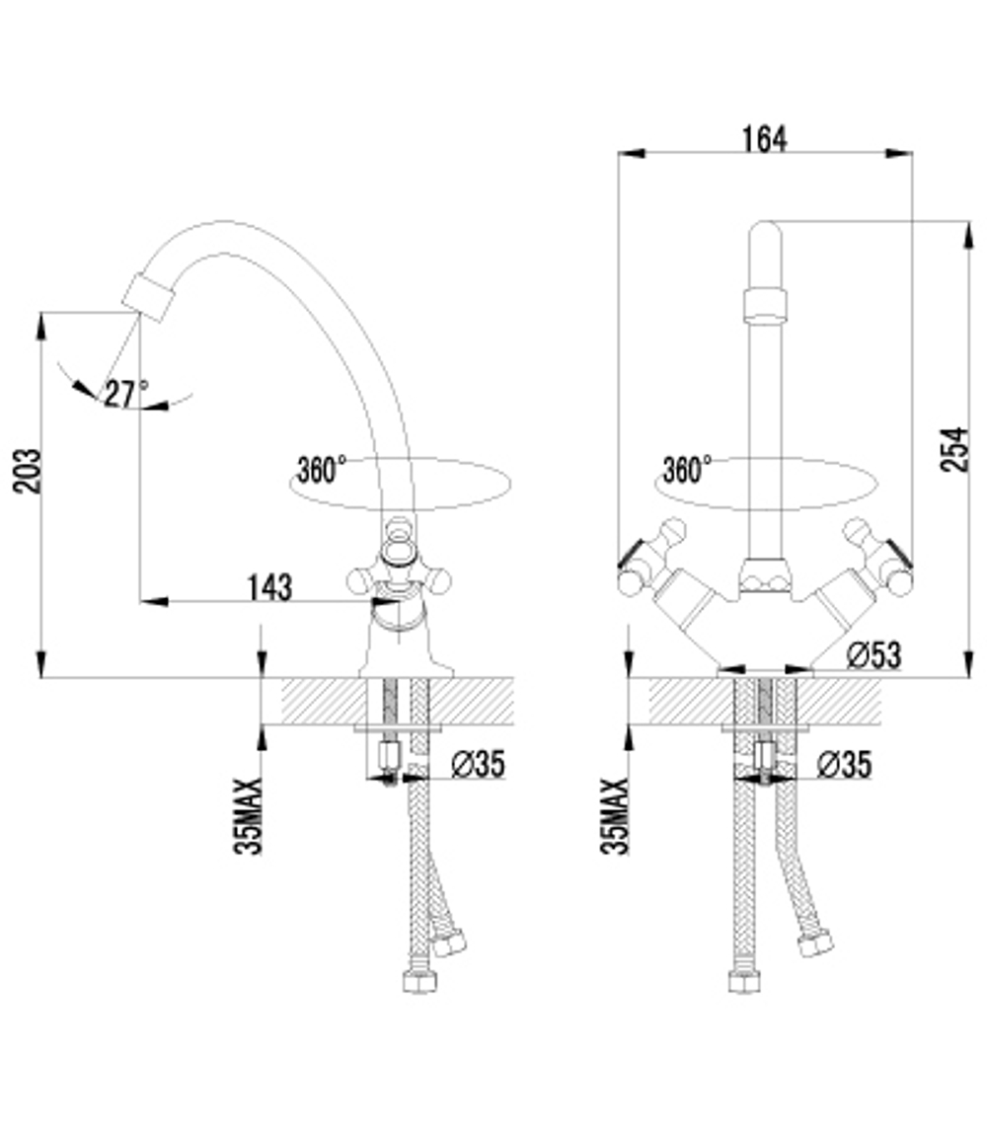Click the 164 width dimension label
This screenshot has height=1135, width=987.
coord(764,139)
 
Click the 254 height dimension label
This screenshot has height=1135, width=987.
coord(954,449)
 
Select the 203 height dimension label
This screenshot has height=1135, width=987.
coord(27,471)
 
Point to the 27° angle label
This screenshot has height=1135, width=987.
coord(125,394)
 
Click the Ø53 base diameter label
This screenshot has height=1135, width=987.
coord(873,654)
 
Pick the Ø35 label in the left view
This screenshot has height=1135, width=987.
coord(478,764)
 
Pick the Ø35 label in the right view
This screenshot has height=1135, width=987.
coord(845,764)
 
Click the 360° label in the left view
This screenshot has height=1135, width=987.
coord(322,470)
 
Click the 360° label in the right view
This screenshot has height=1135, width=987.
coord(688,470)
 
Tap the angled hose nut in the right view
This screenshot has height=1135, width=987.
coord(816,941)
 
